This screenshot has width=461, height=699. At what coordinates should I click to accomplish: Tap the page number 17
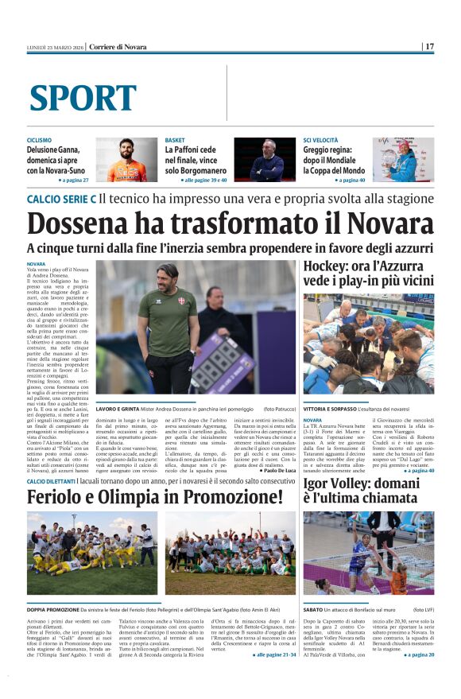point(429,46)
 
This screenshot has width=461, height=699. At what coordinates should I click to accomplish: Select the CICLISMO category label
point(39,140)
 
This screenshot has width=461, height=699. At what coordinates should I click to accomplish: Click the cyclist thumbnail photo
point(126,160)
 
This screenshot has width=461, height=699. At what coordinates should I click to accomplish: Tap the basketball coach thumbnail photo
point(265,160)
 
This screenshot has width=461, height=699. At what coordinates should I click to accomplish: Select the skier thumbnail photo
point(403,160)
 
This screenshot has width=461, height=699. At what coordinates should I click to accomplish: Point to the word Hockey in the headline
point(327,266)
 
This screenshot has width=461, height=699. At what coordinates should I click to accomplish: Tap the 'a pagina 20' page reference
point(419,654)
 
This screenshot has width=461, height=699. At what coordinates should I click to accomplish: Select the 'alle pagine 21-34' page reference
point(274,654)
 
